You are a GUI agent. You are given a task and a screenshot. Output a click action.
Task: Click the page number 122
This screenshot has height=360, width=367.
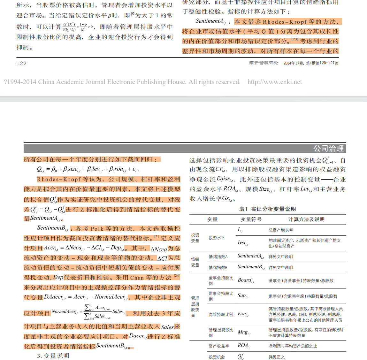[21, 63]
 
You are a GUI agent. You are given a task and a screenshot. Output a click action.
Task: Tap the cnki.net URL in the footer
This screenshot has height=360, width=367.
[274, 82]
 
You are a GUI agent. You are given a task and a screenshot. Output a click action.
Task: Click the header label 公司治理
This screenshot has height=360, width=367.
[328, 148]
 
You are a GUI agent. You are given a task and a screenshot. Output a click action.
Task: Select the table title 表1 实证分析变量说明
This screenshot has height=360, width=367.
[267, 209]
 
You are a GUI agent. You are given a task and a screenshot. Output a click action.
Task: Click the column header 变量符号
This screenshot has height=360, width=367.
[251, 219]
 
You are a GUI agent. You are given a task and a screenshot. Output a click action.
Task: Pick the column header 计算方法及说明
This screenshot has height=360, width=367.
[306, 219]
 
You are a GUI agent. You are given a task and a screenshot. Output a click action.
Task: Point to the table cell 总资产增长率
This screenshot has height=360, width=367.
[281, 230]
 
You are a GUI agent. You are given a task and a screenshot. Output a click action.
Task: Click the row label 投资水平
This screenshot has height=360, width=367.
[217, 238]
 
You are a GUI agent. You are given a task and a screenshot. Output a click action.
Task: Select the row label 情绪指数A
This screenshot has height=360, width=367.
[218, 257]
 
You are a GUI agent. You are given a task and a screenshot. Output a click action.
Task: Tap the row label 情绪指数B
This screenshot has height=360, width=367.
[218, 268]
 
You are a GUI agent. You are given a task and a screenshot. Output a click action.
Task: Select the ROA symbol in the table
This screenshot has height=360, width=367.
[244, 345]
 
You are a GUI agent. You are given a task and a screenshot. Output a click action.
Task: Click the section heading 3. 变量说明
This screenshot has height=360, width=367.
[53, 356]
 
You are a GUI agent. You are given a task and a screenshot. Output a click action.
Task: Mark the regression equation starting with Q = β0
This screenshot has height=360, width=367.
[88, 169]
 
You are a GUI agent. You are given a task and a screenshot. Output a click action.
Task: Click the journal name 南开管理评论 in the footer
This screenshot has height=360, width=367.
[264, 63]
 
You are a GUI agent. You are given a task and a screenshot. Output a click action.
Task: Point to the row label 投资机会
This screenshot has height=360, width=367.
[217, 357]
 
